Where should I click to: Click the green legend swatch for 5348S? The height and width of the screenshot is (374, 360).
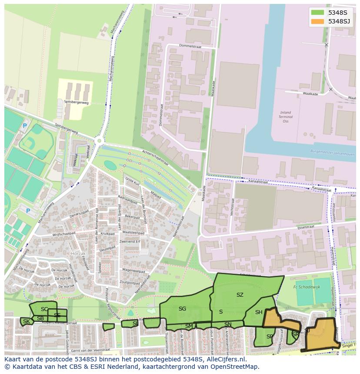[x=317, y=13]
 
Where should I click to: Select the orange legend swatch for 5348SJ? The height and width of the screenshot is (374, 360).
[x=317, y=21]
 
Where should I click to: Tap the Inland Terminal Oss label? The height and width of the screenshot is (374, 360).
[x=285, y=117]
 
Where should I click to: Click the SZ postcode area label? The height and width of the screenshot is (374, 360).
[x=240, y=295]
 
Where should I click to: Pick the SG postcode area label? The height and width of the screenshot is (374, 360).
[x=182, y=309]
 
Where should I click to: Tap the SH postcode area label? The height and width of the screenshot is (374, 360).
[x=259, y=312]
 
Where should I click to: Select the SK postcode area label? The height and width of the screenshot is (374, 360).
[x=27, y=321]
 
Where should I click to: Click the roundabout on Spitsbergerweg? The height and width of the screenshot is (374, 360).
[x=100, y=140]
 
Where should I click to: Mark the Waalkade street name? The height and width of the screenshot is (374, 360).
[x=310, y=94]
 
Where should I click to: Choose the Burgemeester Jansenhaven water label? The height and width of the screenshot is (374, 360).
[x=332, y=153]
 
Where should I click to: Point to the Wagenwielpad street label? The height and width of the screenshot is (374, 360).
[x=133, y=270]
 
